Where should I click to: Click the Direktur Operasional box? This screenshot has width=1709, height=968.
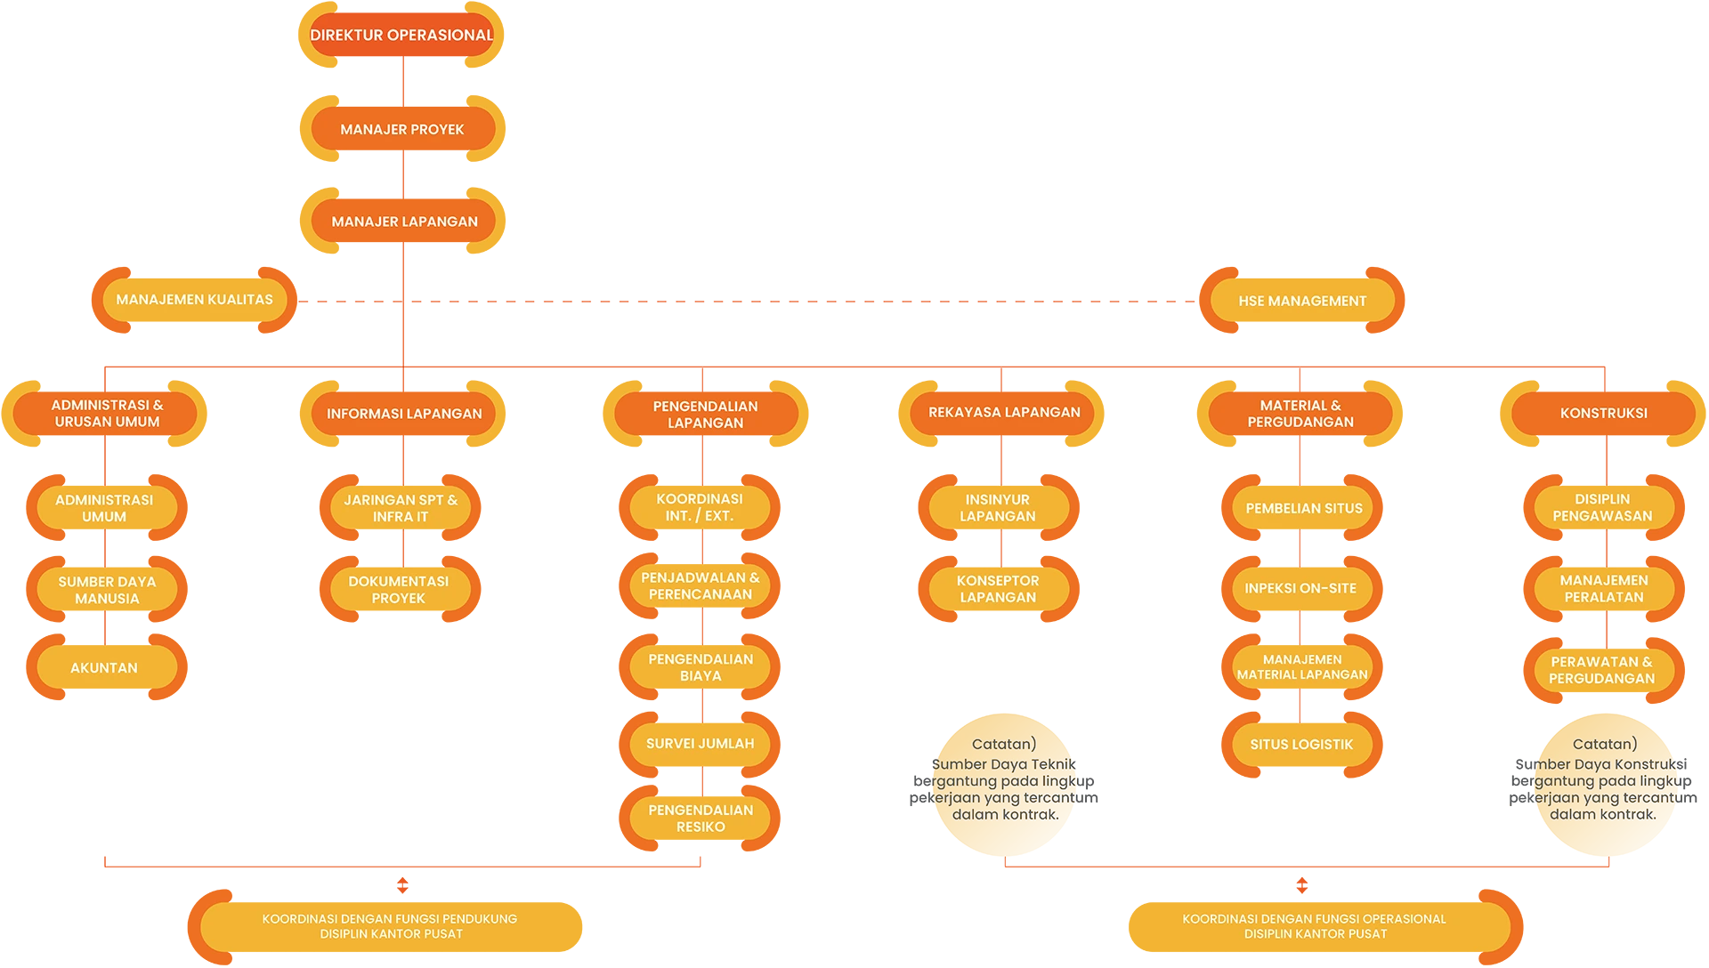tap(401, 36)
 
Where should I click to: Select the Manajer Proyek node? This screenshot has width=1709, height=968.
tap(402, 130)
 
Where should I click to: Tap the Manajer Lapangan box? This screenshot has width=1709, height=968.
tap(404, 222)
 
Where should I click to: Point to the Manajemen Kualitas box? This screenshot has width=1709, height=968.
tap(194, 300)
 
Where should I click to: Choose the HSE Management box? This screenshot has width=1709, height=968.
tap(1301, 302)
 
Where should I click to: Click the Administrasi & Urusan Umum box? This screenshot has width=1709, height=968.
tap(107, 414)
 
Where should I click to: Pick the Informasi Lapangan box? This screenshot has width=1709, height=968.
tap(404, 414)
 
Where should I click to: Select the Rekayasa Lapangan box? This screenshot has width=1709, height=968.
tap(1003, 413)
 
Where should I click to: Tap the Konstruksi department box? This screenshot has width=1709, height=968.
tap(1603, 414)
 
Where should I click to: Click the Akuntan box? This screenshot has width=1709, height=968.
tap(105, 668)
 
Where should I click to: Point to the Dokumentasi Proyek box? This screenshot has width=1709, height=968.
tap(399, 590)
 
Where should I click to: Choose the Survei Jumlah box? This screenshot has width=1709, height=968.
tap(700, 744)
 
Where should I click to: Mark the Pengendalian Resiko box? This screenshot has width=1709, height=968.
tap(701, 819)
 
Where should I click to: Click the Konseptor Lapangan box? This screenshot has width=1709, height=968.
tap(998, 589)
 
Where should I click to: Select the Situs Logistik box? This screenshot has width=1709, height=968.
tap(1301, 745)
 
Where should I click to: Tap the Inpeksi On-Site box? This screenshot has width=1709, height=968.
tap(1300, 589)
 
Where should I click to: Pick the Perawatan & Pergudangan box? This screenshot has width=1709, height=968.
tap(1602, 670)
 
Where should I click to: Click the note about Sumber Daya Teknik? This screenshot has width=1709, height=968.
tap(1005, 780)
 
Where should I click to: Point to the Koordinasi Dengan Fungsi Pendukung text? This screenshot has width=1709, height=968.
tap(390, 926)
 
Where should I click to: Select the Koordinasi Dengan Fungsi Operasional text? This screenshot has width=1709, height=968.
tap(1315, 926)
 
